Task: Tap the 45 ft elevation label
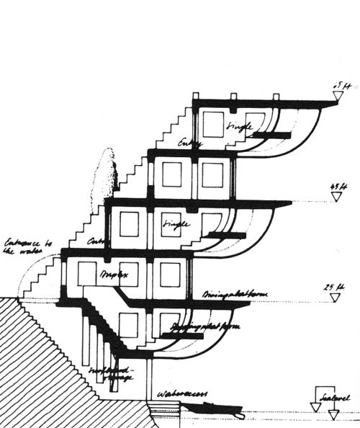coord(335,185)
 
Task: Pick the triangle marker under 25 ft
coord(332,298)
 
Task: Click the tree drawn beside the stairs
coord(107,177)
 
